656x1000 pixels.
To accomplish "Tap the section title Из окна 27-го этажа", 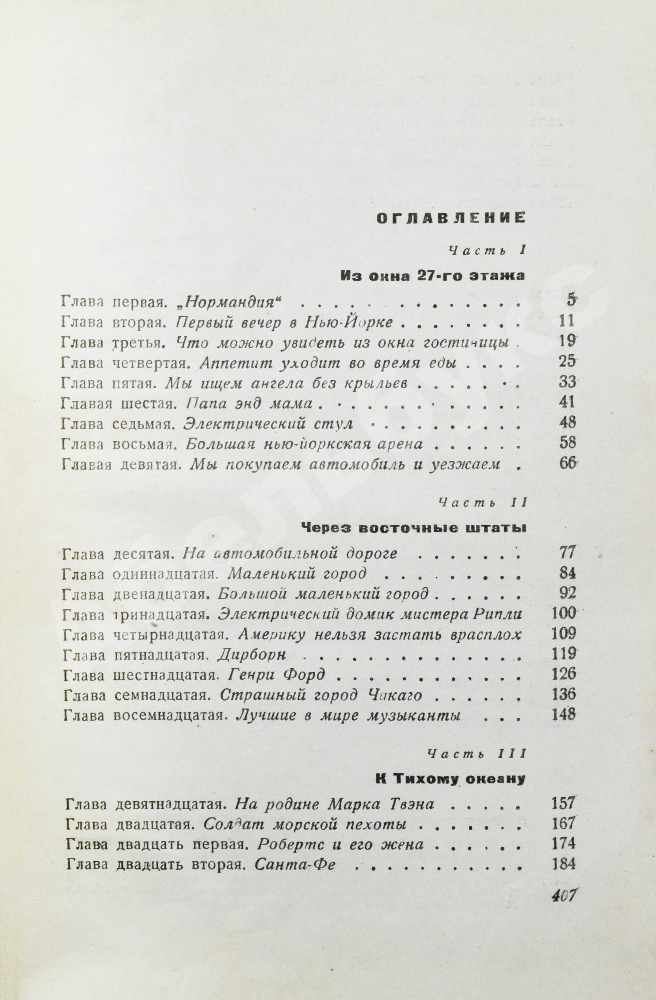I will (433, 276).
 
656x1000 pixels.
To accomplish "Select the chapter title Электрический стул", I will (268, 423).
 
